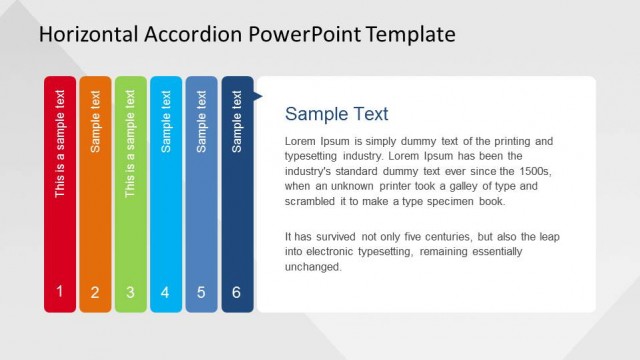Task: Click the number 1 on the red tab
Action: click(60, 292)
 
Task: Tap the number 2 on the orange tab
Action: click(95, 293)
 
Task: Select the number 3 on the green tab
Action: click(130, 293)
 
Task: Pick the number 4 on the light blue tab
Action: click(166, 293)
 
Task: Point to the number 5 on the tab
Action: click(201, 293)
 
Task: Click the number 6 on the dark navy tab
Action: click(237, 293)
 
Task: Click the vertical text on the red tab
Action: click(60, 144)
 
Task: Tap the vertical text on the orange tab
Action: click(95, 121)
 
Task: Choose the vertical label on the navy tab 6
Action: click(237, 121)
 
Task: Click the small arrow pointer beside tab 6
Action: click(258, 97)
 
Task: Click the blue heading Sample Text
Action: click(337, 114)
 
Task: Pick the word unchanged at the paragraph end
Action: click(313, 267)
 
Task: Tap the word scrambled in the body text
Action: click(313, 201)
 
